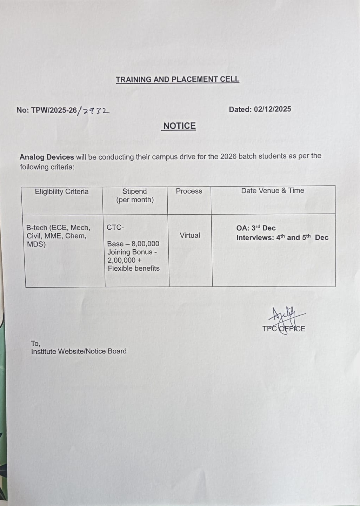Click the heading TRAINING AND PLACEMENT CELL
click(x=178, y=80)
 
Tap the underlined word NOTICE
click(x=179, y=126)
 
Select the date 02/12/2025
click(x=273, y=109)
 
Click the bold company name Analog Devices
click(x=47, y=157)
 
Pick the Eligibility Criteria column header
click(x=62, y=191)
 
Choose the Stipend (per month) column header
click(x=135, y=195)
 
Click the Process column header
click(x=189, y=191)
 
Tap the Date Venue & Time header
click(x=273, y=190)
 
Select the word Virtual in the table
click(x=190, y=235)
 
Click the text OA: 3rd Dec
click(x=256, y=228)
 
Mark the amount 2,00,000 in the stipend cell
click(x=121, y=260)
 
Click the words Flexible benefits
click(x=134, y=268)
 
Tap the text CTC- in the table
click(x=115, y=227)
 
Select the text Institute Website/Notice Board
click(x=79, y=351)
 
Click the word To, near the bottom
click(x=35, y=344)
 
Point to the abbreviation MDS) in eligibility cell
click(x=36, y=244)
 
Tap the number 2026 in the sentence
click(x=228, y=156)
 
